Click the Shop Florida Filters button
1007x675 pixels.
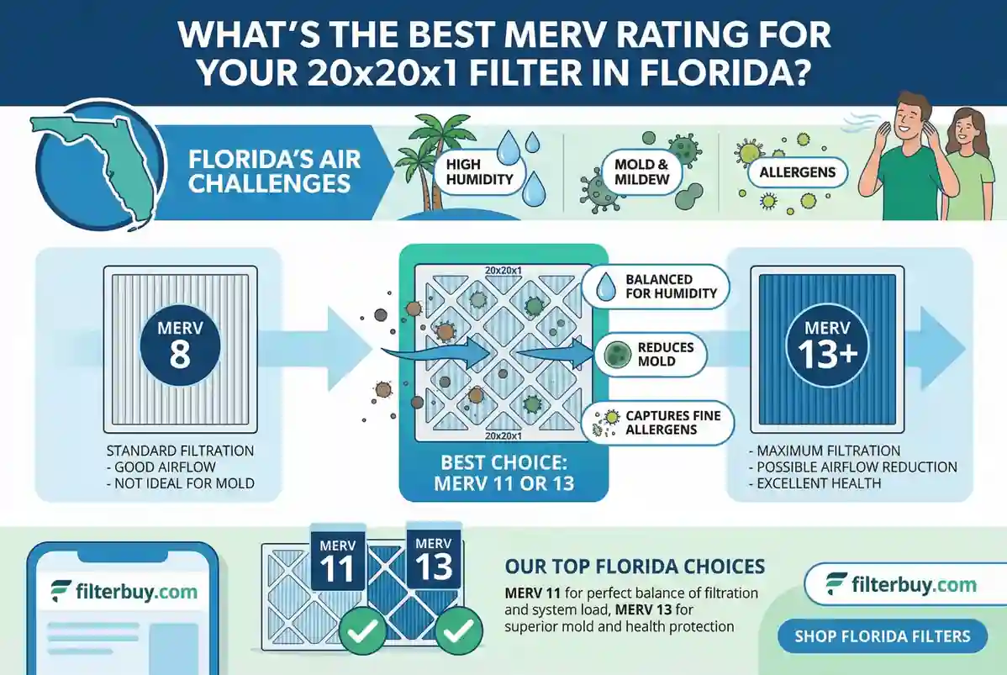pyautogui.click(x=882, y=635)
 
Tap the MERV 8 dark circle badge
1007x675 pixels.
pyautogui.click(x=179, y=344)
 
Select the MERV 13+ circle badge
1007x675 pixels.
pyautogui.click(x=827, y=344)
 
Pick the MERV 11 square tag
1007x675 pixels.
pyautogui.click(x=338, y=560)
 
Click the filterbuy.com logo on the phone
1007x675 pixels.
pyautogui.click(x=123, y=590)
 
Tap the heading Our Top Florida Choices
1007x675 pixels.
pyautogui.click(x=635, y=566)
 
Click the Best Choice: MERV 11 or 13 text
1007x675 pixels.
pyautogui.click(x=503, y=473)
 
